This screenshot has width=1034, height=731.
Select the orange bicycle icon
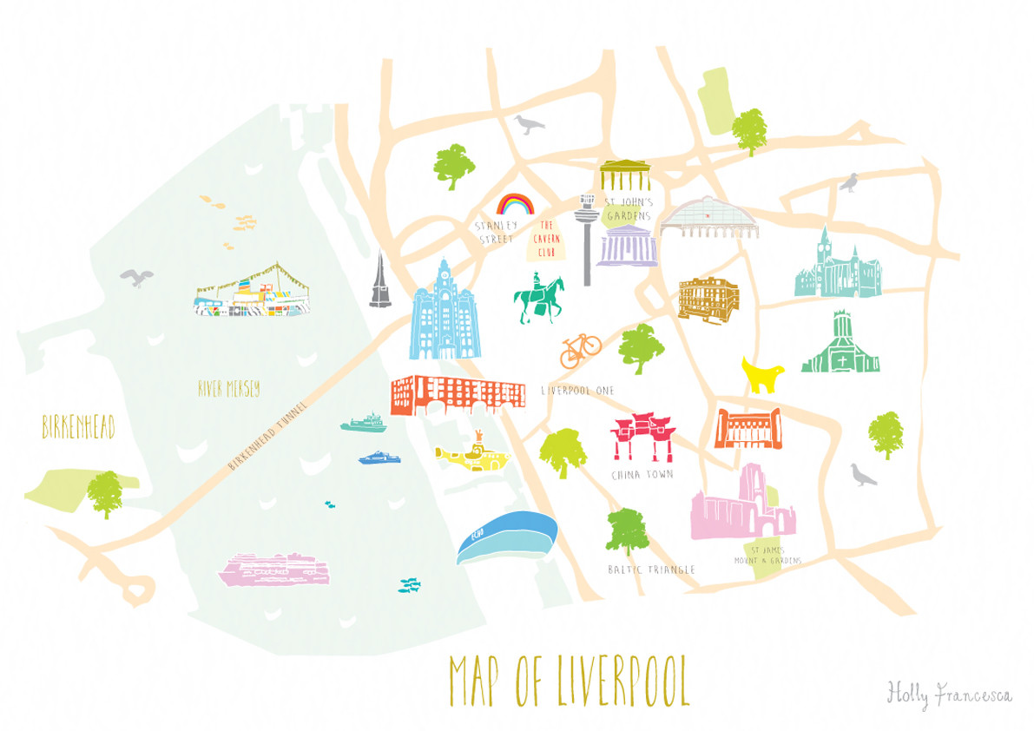click(580, 349)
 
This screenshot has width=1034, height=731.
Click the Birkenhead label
click(78, 428)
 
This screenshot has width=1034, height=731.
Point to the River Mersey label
click(228, 389)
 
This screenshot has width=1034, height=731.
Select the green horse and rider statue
click(538, 299)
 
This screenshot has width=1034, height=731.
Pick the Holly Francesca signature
click(948, 694)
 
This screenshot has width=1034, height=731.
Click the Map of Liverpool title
click(569, 682)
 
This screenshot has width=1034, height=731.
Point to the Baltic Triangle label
click(651, 570)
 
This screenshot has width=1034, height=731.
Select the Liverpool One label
click(577, 391)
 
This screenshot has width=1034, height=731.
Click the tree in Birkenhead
click(104, 492)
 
